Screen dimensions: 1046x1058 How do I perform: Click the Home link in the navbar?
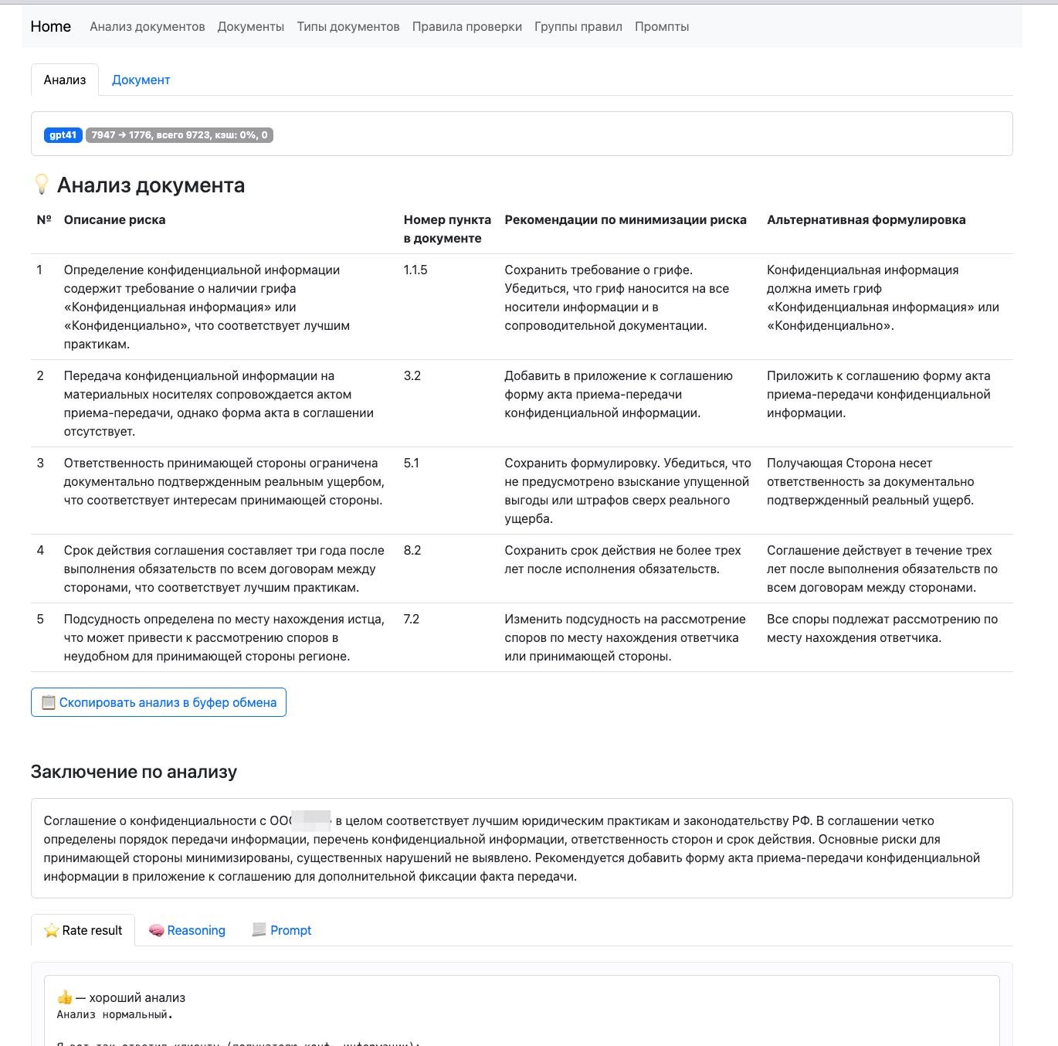tap(51, 26)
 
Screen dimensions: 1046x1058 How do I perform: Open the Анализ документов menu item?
tap(148, 26)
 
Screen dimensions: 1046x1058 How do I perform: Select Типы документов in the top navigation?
tap(348, 26)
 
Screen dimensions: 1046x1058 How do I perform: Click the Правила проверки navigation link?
tap(467, 26)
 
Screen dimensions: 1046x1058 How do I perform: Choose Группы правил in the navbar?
tap(578, 26)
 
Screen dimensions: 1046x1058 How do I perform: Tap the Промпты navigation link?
tap(662, 26)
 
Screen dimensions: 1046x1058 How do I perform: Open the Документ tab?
tap(141, 80)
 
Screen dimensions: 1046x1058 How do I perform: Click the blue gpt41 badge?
tap(63, 135)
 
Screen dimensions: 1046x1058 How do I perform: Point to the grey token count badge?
tap(179, 135)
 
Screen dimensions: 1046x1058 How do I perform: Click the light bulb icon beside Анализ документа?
tap(42, 185)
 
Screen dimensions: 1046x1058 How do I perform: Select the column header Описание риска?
tap(115, 220)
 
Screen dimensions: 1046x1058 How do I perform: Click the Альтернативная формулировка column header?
tap(866, 220)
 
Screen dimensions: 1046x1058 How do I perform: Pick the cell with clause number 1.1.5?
tap(415, 270)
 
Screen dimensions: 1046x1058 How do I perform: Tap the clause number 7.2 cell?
tap(412, 620)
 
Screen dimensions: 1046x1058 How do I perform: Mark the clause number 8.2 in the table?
tap(412, 551)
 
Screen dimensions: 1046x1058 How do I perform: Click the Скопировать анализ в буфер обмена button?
tap(158, 702)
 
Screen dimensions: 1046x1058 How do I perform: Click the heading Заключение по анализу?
tap(134, 772)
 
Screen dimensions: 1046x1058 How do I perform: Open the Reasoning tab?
tap(187, 930)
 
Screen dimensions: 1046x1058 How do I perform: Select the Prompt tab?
tap(282, 930)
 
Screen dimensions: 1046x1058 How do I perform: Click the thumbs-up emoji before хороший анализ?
tap(65, 997)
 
